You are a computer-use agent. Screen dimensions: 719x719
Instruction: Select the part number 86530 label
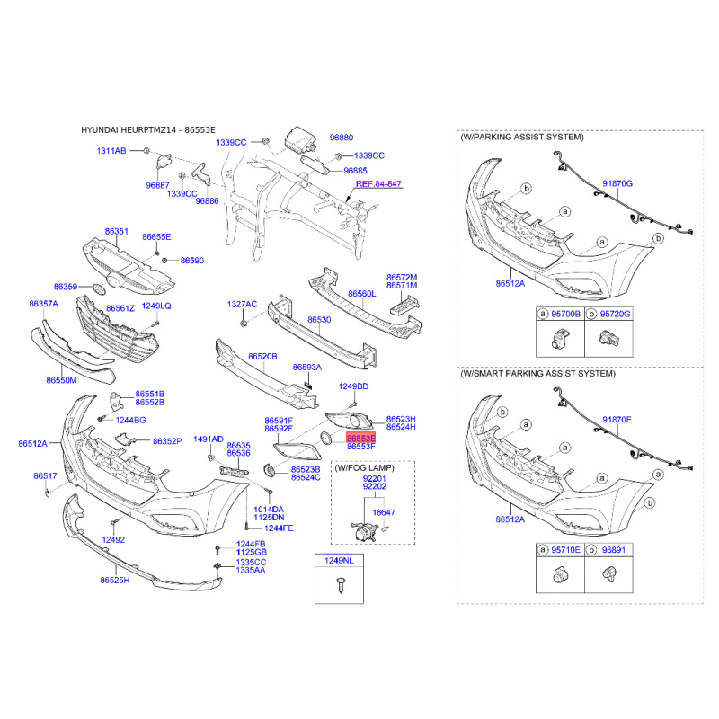(x=319, y=320)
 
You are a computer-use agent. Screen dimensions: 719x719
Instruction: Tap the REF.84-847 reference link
(x=378, y=183)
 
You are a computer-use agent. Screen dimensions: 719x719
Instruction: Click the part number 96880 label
(x=341, y=138)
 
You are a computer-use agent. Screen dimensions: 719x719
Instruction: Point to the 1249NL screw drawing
(x=339, y=585)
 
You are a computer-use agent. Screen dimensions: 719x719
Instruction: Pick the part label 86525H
(x=115, y=581)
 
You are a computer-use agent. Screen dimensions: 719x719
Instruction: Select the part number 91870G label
(x=617, y=183)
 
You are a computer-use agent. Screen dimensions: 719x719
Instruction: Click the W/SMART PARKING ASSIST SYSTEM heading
(x=537, y=373)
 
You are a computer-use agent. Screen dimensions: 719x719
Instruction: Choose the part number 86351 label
(x=117, y=232)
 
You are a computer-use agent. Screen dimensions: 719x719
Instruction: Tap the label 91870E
(x=617, y=420)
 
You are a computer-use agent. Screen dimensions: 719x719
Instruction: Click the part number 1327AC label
(x=242, y=305)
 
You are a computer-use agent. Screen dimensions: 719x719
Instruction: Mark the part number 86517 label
(x=46, y=475)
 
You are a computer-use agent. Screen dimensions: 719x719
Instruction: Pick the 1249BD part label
(x=353, y=386)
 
